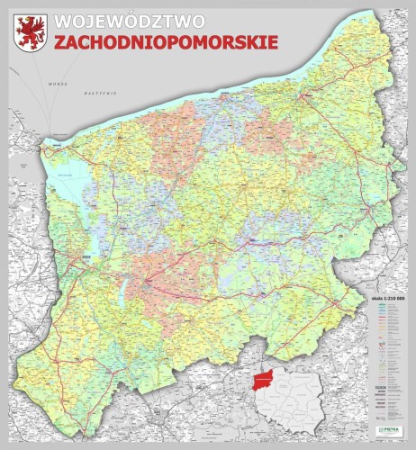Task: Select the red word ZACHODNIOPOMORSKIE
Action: [165, 42]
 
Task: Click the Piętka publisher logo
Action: [392, 430]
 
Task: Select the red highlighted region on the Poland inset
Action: [258, 382]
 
